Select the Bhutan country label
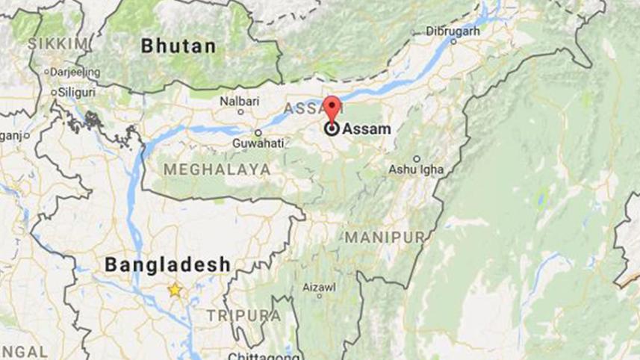[179, 46]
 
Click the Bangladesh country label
[167, 264]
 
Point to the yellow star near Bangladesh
[175, 290]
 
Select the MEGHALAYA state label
[217, 170]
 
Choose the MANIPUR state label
[384, 238]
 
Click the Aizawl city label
[319, 288]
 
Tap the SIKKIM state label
[58, 44]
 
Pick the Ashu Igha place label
[416, 170]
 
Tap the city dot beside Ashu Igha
[417, 158]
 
